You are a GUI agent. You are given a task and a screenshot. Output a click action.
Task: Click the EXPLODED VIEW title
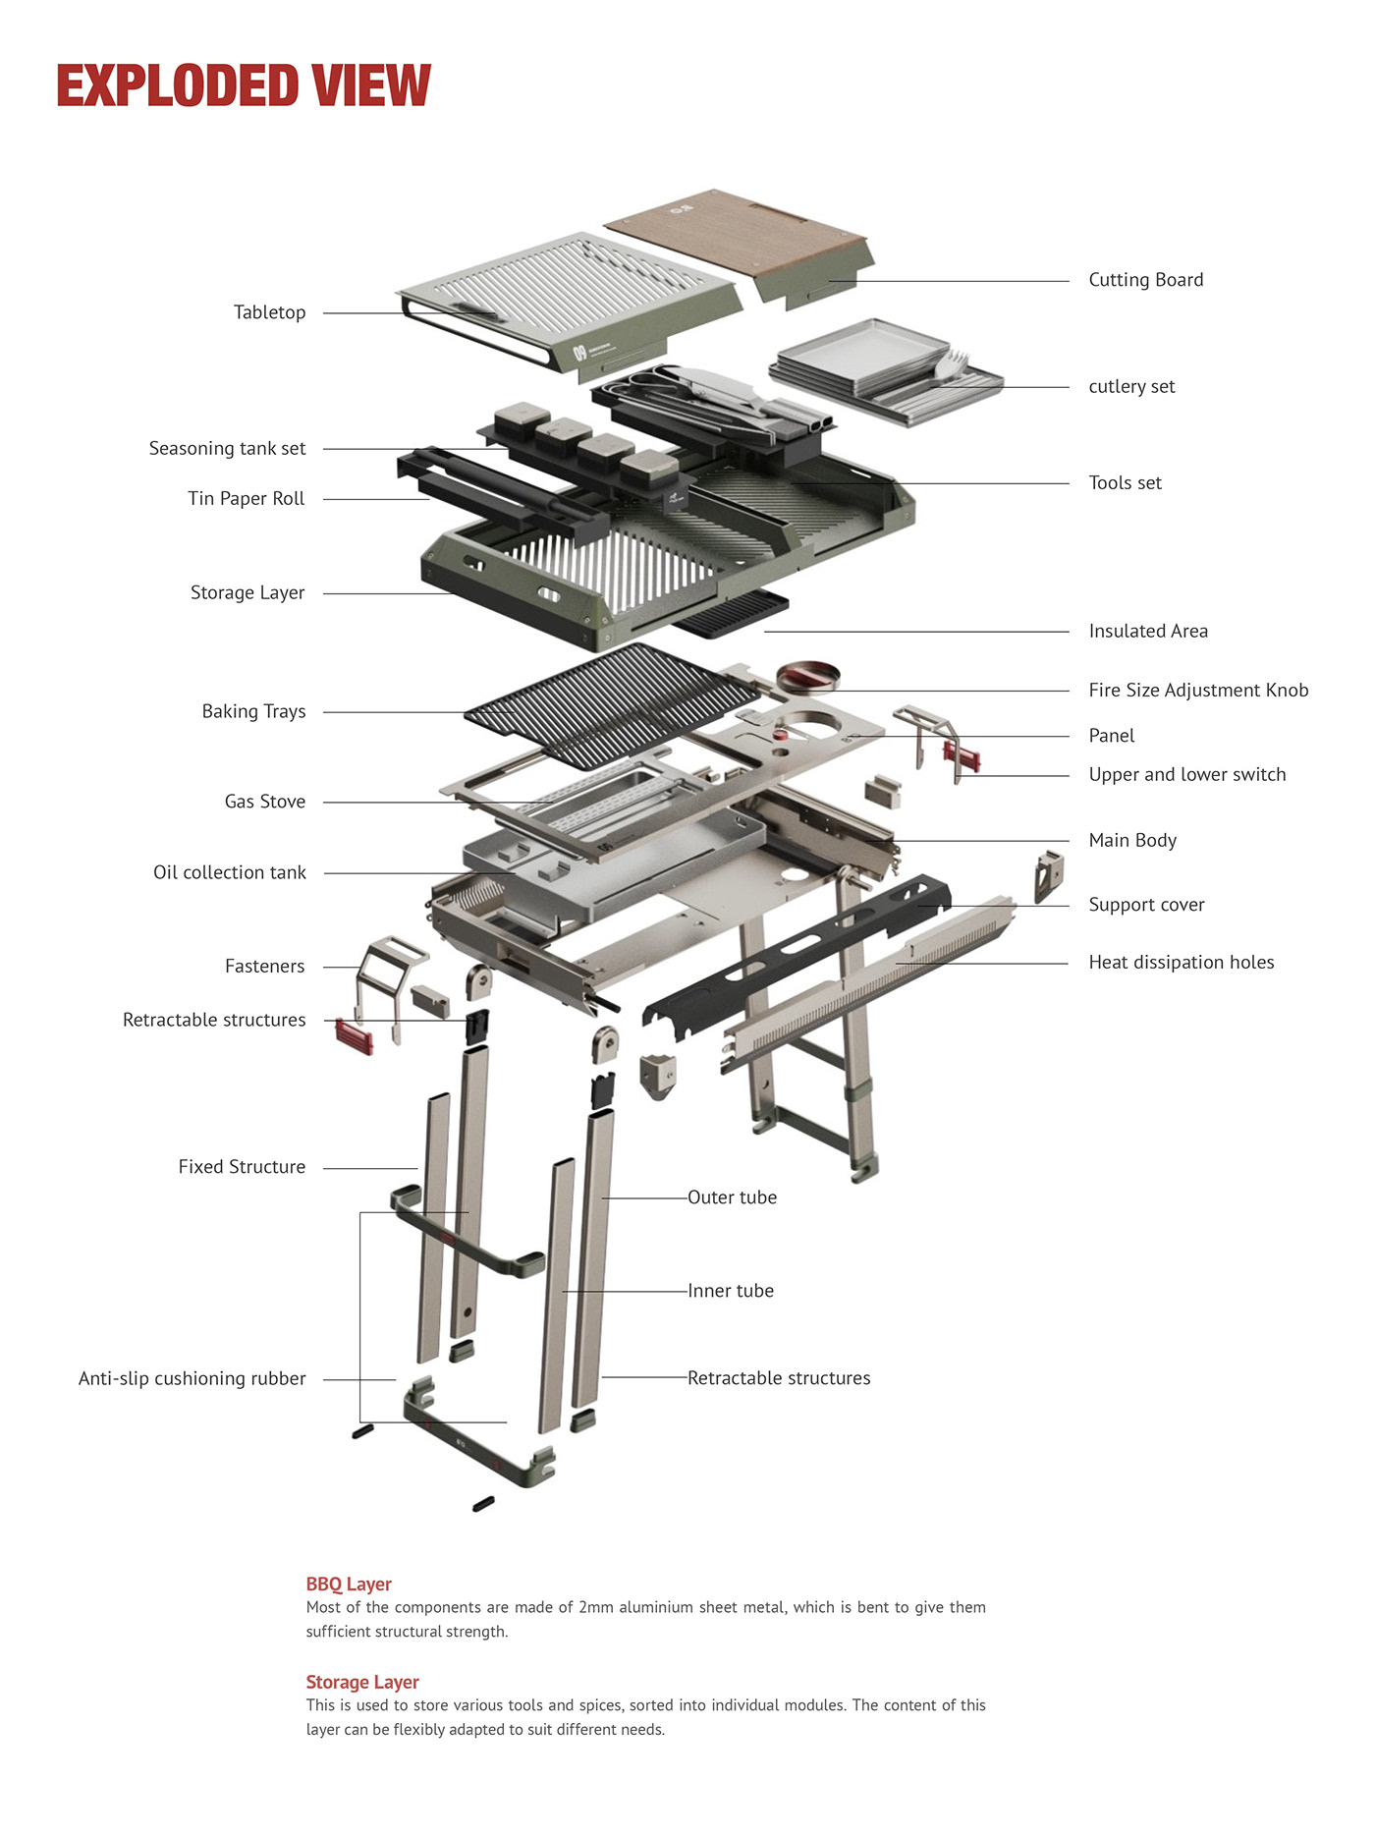click(x=243, y=85)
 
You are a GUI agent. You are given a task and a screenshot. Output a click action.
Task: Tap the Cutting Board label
click(x=1145, y=280)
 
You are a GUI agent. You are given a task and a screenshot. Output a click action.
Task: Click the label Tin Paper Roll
click(x=247, y=499)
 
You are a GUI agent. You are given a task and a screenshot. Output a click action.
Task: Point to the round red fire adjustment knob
click(x=807, y=677)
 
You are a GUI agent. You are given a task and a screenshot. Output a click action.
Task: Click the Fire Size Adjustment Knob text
click(x=1198, y=691)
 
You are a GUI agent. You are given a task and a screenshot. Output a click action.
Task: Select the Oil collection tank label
click(x=229, y=873)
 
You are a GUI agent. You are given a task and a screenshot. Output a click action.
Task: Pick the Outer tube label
click(x=732, y=1197)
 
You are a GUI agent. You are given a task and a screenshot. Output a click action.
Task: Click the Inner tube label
click(x=730, y=1291)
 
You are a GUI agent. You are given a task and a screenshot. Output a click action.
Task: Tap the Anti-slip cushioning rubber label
click(x=192, y=1379)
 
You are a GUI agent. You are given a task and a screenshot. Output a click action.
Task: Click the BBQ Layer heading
click(x=349, y=1585)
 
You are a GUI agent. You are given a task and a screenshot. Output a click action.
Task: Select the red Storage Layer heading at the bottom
click(x=362, y=1683)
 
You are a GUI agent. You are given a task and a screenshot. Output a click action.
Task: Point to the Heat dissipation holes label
click(x=1181, y=963)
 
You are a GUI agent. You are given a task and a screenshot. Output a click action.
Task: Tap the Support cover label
click(x=1146, y=905)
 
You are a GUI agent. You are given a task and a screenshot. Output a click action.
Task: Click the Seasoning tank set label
click(x=227, y=449)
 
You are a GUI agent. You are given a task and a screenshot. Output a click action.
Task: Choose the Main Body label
click(x=1131, y=841)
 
